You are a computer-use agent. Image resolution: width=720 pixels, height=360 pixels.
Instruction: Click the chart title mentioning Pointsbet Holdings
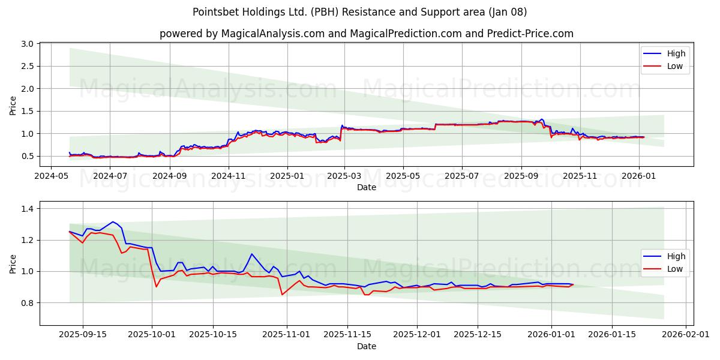pos(360,12)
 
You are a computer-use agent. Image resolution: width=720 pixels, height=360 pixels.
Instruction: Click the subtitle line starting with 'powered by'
pos(366,34)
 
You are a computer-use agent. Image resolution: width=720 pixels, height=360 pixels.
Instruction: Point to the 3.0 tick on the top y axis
pos(27,44)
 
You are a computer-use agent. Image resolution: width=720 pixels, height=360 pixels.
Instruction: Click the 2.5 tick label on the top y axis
pos(27,66)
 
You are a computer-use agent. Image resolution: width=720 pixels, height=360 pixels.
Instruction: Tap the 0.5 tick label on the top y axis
pos(27,156)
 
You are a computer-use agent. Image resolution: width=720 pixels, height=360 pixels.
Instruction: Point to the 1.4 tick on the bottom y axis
pos(27,209)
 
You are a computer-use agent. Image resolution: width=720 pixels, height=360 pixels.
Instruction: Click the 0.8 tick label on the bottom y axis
pos(27,303)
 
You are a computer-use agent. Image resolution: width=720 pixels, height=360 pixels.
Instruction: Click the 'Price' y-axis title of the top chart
pos(13,105)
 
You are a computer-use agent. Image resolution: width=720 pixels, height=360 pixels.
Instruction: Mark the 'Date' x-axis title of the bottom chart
pos(366,346)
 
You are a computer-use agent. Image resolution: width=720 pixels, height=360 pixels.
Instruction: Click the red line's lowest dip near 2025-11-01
pos(282,294)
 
